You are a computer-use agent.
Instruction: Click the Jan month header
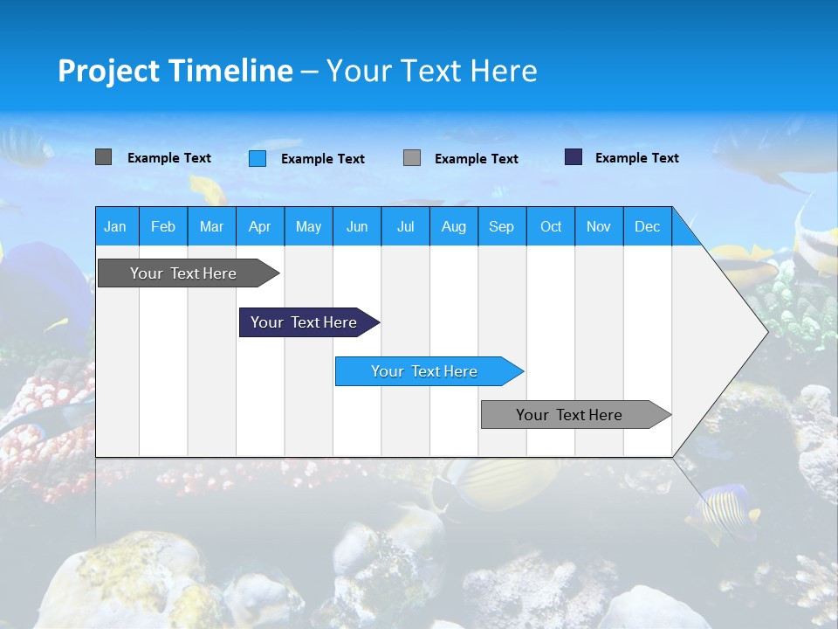point(115,226)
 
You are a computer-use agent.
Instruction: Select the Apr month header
point(259,226)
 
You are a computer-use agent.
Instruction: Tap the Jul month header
point(405,226)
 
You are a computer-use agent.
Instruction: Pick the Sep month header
point(501,226)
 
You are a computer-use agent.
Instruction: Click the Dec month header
point(647,226)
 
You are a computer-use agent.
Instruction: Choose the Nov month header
point(598,226)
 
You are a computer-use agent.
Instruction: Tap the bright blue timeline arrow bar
point(425,371)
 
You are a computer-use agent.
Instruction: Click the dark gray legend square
point(103,157)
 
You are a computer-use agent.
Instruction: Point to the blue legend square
point(258,158)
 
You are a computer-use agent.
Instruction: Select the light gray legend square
point(412,158)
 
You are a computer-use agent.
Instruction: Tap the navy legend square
point(574,157)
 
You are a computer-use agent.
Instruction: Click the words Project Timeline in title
point(175,71)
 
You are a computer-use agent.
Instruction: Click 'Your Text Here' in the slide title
point(431,71)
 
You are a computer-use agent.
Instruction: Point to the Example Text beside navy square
point(636,158)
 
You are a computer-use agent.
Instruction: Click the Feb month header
point(163,226)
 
